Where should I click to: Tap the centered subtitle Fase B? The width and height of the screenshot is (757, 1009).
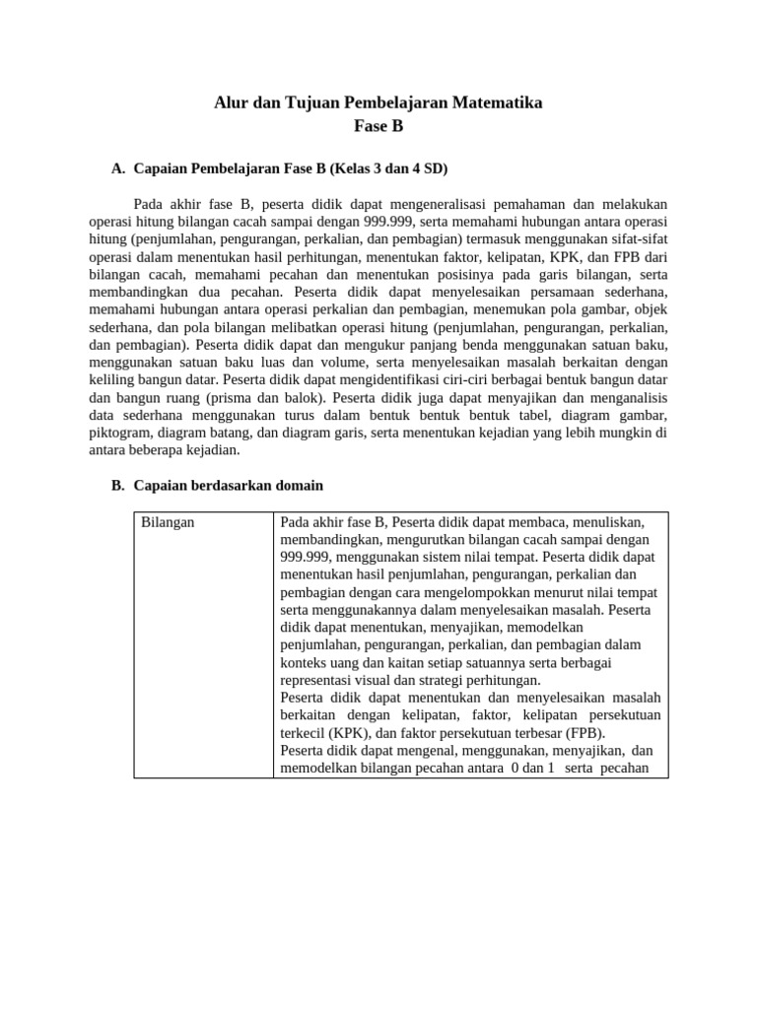coord(378,126)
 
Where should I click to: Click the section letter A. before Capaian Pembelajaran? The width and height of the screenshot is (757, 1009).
coord(118,169)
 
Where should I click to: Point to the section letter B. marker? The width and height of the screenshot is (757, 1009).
coord(118,486)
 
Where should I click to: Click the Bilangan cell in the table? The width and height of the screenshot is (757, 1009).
coord(168,522)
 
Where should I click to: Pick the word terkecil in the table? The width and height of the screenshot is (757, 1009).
coord(306,733)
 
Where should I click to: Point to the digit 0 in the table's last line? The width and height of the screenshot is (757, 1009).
coord(516,769)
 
